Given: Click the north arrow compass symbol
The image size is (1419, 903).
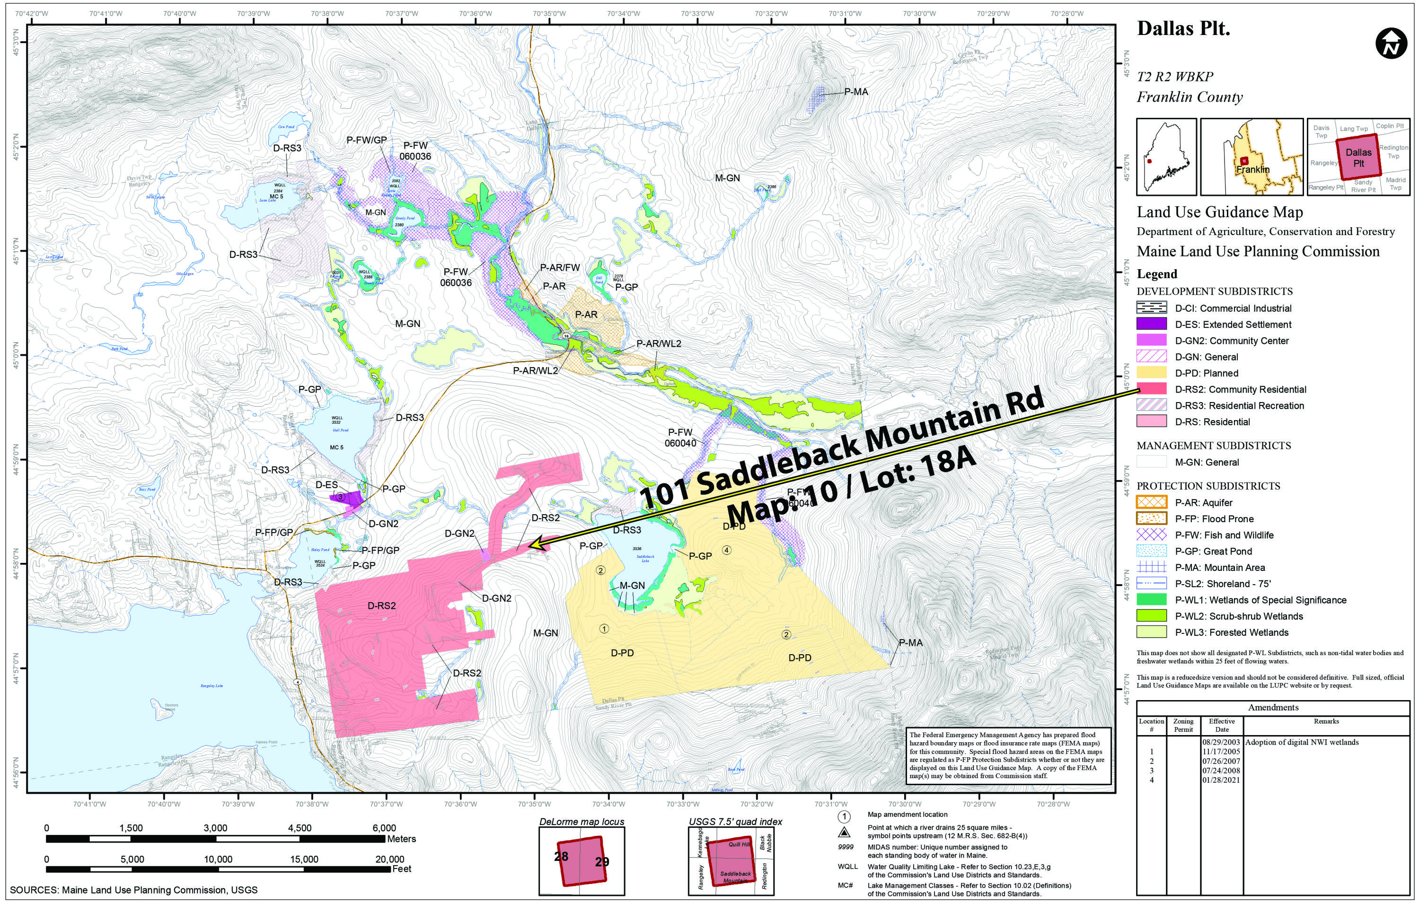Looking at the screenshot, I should [1391, 44].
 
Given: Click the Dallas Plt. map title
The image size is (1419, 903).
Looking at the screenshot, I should [1183, 29].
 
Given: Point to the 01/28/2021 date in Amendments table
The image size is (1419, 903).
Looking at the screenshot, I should [1222, 780].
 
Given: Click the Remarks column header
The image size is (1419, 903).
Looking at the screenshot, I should [1326, 721].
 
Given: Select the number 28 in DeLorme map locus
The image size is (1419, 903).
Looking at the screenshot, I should [561, 856].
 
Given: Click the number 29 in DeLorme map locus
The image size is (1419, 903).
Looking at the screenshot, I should [602, 862].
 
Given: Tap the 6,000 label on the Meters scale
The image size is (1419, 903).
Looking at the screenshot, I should [384, 828].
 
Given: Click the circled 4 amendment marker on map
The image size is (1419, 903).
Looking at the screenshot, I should [727, 550].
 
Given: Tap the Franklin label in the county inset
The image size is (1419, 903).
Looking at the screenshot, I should [1253, 170].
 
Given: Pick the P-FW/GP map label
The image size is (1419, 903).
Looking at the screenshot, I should [367, 140].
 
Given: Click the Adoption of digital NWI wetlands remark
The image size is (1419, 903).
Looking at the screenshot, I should [1302, 742].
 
